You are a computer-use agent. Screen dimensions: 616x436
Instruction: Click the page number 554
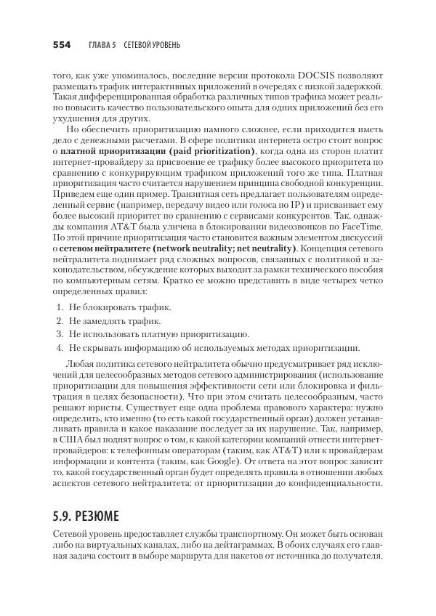coord(61,45)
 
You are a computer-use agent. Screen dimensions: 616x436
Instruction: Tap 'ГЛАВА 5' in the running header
coord(102,45)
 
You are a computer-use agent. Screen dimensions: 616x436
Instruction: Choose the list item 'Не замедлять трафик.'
coord(116,321)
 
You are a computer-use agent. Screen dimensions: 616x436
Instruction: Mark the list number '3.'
coord(60,334)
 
